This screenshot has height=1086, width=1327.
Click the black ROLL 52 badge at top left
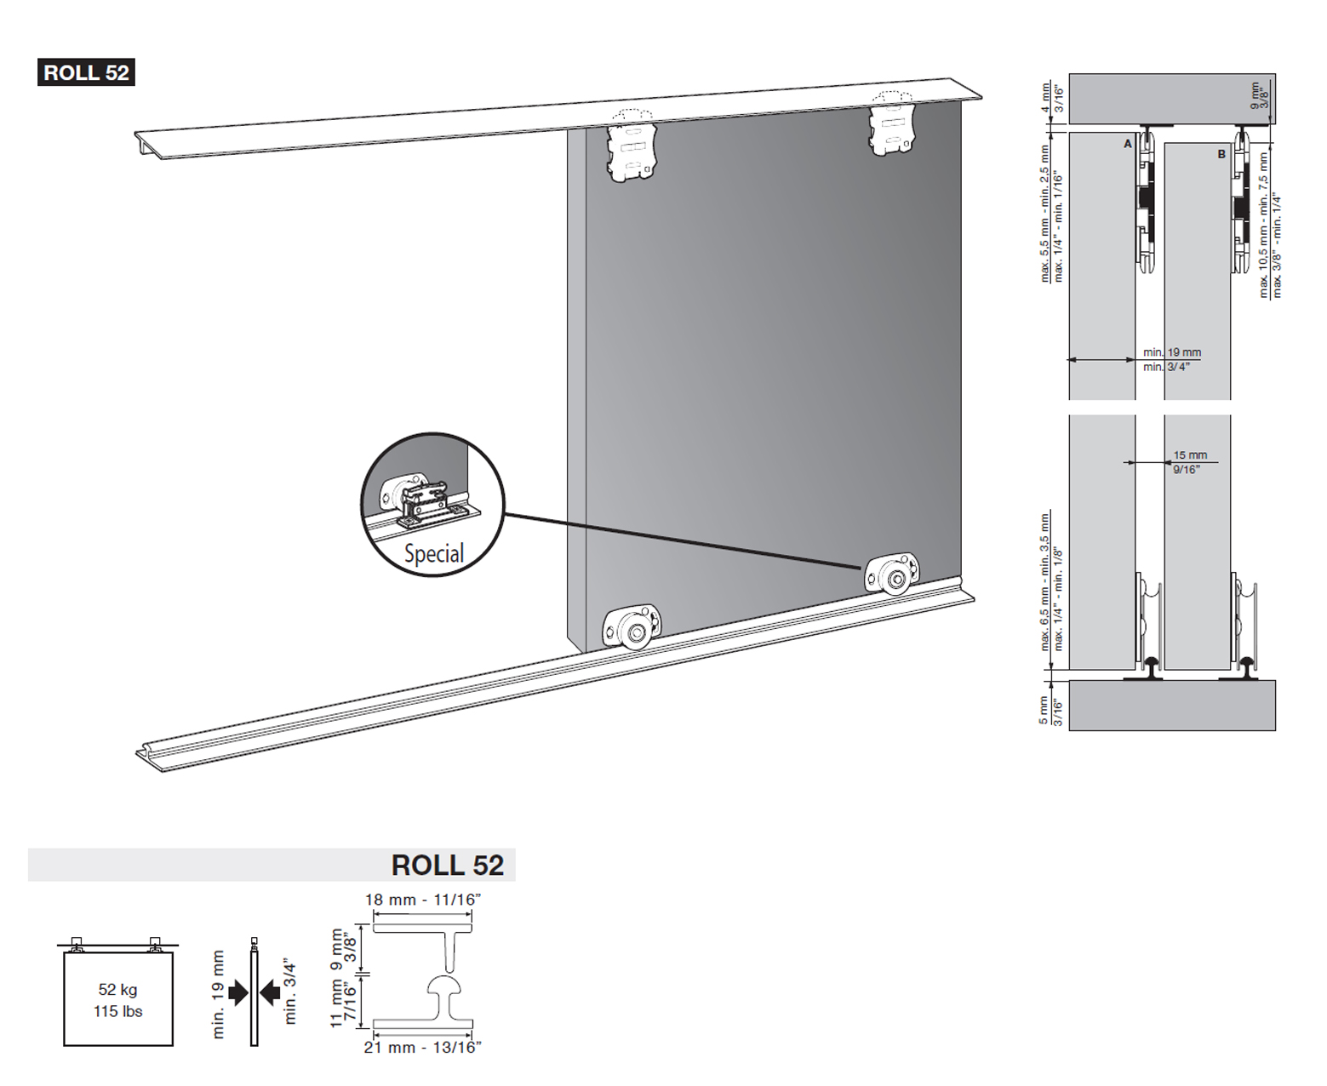coord(86,73)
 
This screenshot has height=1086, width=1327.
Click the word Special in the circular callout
coord(433,554)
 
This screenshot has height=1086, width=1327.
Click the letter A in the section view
coord(1128,144)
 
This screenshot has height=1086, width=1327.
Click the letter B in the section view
coord(1221,154)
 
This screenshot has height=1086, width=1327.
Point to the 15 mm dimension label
coord(1190,455)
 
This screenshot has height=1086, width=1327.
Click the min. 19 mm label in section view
coord(1172,352)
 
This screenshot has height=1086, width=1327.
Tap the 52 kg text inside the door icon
coord(117,989)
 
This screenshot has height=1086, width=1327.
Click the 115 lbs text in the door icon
coord(117,1011)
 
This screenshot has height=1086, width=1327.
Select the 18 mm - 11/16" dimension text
coord(423,900)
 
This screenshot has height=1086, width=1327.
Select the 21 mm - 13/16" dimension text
coord(423,1048)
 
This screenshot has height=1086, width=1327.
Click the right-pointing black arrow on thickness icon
coord(238,992)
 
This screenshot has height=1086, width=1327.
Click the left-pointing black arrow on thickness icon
coord(270,992)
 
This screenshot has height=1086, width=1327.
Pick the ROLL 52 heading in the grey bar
coord(447,865)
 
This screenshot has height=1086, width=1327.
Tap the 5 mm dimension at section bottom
coord(1044,710)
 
